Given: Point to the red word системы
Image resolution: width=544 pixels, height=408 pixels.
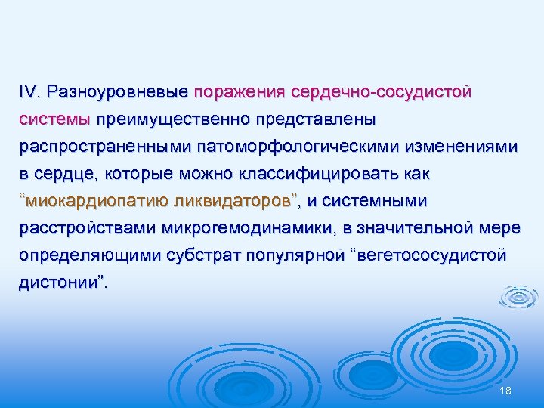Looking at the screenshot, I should click(55, 119).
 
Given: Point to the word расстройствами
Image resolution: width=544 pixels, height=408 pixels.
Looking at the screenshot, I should click(84, 228).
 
